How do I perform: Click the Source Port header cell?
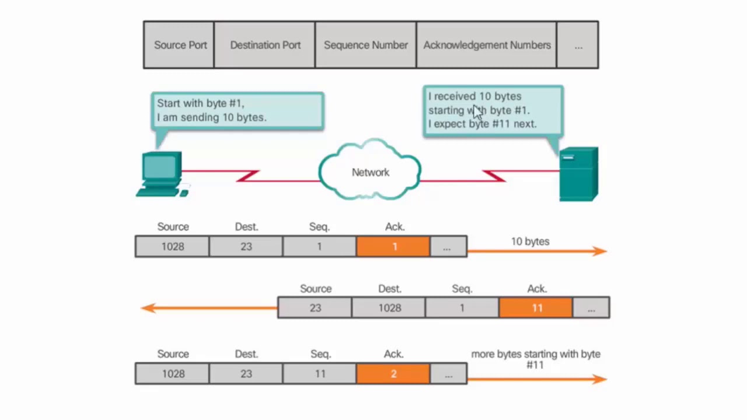[180, 45]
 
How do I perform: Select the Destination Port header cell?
[265, 45]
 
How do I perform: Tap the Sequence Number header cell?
[365, 45]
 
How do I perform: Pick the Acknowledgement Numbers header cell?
[487, 45]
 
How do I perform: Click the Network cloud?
[370, 171]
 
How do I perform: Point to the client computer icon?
[161, 174]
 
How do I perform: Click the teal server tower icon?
[578, 174]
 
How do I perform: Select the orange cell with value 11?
[536, 308]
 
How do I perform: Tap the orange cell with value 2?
[393, 374]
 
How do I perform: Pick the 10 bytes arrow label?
[530, 242]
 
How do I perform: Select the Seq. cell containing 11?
[320, 374]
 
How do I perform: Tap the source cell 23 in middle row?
[315, 308]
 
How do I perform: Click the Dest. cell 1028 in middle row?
[389, 308]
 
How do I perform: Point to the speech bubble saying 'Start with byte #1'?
[237, 110]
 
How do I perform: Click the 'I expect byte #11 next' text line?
[482, 124]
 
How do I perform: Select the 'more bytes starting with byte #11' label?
[535, 359]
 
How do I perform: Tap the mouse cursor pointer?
[478, 112]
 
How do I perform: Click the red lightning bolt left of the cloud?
[249, 176]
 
